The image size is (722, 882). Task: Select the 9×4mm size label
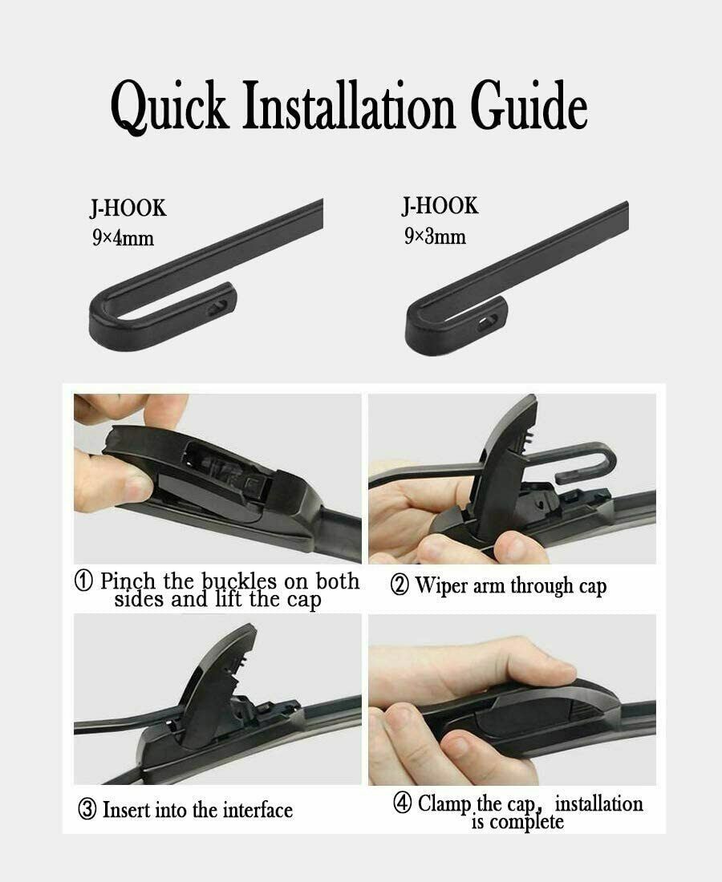point(122,238)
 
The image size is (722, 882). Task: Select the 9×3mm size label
point(434,236)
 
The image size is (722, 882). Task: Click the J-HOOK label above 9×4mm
point(128,208)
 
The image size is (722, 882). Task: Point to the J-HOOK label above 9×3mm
point(440,206)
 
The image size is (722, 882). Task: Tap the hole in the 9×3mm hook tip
point(488,322)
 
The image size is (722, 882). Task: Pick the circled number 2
point(400,585)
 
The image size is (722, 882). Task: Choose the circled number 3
point(87,810)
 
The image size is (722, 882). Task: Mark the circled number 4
point(403,804)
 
